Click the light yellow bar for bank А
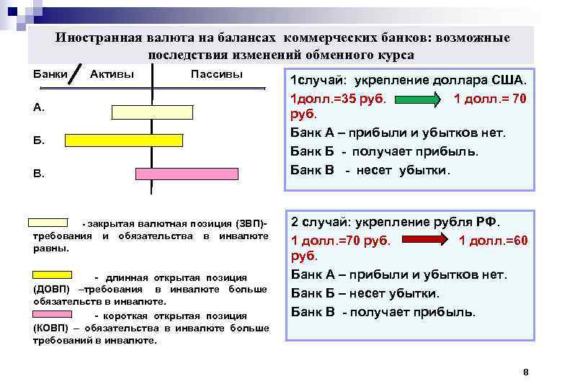click(x=153, y=111)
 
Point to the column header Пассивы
click(x=216, y=75)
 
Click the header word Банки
click(x=50, y=75)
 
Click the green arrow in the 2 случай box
click(x=427, y=241)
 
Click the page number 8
click(x=525, y=372)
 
